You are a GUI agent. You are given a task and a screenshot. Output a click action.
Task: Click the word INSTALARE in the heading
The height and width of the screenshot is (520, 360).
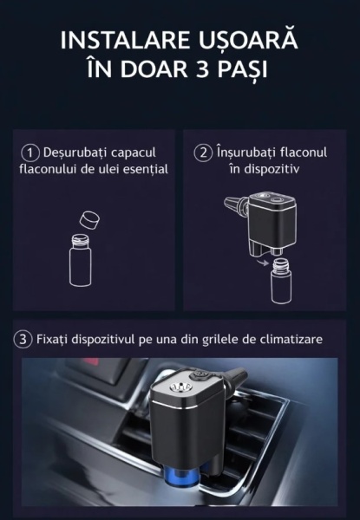point(126,41)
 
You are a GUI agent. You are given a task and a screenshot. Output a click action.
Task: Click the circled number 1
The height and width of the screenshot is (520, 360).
point(30,153)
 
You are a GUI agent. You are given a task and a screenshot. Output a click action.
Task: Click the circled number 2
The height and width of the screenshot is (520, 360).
point(203,153)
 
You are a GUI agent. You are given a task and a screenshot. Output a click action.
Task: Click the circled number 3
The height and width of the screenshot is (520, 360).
point(23,340)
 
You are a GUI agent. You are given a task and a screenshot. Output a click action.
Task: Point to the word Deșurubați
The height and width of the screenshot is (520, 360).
point(75,153)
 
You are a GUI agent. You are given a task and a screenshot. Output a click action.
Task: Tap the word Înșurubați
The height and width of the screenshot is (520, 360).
point(246,153)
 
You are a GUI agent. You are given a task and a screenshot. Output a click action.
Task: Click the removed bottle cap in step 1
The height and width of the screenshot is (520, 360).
point(89,219)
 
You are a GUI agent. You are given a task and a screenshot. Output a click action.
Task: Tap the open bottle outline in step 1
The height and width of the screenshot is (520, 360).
point(81,260)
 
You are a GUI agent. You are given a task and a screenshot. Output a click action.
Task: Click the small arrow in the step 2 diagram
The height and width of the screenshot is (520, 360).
point(264,263)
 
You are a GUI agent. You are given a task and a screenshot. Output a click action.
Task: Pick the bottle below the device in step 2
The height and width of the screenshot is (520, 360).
point(281,282)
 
